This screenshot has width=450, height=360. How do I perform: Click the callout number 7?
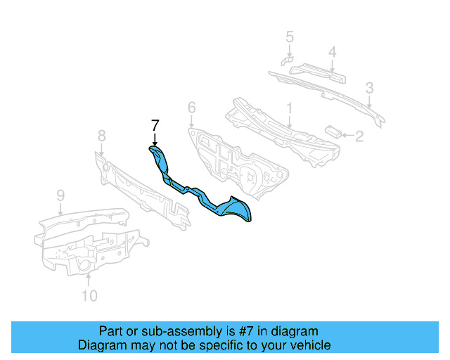[x=155, y=126]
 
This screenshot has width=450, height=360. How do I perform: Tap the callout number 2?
[x=359, y=136]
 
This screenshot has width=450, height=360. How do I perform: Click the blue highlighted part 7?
[x=204, y=193]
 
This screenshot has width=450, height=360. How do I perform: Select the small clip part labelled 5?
[x=286, y=59]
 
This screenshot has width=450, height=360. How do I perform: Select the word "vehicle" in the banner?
[x=308, y=345]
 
